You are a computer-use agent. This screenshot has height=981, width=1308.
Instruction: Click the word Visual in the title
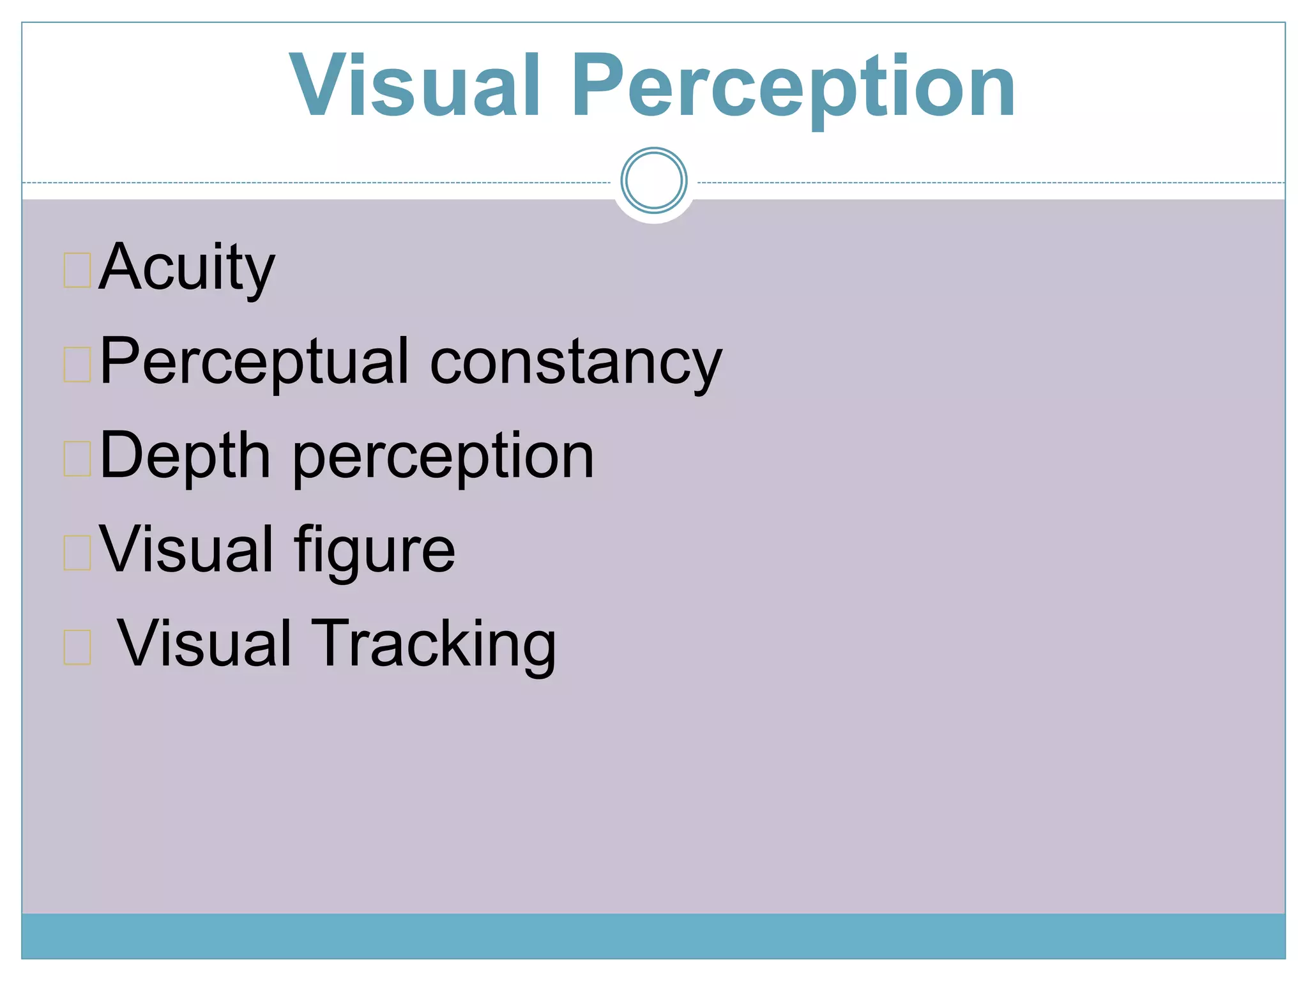coord(415,86)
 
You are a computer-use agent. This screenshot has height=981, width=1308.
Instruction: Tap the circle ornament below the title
coord(653,180)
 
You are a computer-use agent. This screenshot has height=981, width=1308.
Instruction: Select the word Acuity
coord(186,268)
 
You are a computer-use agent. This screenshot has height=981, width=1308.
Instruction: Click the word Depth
coord(185,456)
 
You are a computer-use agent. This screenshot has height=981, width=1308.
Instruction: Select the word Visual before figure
coord(186,549)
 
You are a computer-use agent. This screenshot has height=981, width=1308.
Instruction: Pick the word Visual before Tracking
coord(204,644)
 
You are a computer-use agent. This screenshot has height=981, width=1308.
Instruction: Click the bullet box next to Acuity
coord(77,270)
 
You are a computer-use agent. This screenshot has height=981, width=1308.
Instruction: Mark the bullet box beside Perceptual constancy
coord(77,364)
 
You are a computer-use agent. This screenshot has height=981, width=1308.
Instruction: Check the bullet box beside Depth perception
coord(77,458)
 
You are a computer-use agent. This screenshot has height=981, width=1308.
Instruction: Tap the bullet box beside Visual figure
coord(77,552)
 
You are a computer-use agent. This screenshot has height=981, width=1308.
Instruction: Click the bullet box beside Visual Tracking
coord(77,646)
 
